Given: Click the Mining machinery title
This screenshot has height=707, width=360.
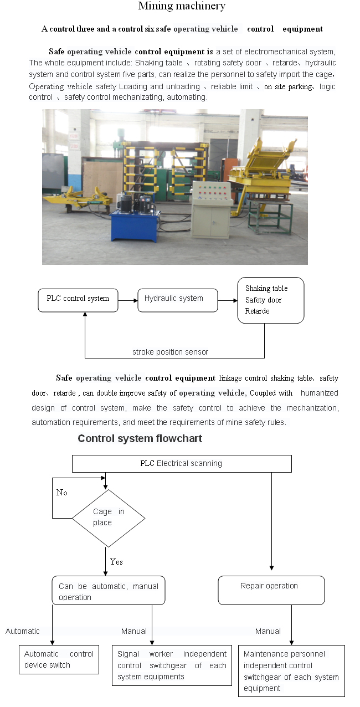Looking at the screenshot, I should coord(182,7).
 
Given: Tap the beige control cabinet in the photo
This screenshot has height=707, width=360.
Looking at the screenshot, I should coord(210,218).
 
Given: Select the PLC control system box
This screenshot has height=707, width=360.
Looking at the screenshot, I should coord(78,299).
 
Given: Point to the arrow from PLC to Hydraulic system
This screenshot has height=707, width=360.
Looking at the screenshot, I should coord(127,301).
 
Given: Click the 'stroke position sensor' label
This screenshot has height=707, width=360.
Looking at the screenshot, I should coord(170,352).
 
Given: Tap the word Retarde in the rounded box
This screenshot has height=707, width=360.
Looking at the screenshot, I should coord(258,311).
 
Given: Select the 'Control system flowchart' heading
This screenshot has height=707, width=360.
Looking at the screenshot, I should coord(140,439).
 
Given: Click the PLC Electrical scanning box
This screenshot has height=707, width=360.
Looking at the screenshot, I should coord(181,464).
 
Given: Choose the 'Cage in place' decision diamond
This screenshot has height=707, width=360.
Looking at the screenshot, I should coord(109,518).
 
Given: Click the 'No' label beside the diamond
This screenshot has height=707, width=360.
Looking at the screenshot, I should coord(62,493).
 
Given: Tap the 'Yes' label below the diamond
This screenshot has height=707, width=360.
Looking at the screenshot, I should coord(116,562).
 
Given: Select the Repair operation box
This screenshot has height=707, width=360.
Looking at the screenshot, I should coord(271,590).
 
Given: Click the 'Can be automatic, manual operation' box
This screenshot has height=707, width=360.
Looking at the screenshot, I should coord(109,591).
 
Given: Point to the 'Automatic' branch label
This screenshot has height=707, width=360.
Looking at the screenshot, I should coord(23,631).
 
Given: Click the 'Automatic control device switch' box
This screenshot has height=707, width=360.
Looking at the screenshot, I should coord(59,659).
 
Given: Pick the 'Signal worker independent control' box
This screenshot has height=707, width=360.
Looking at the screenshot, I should coord(172,665).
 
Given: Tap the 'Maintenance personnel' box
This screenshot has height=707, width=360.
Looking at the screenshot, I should coord(291,670).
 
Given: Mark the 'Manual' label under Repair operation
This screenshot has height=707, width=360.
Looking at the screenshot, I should coord(268,631).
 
